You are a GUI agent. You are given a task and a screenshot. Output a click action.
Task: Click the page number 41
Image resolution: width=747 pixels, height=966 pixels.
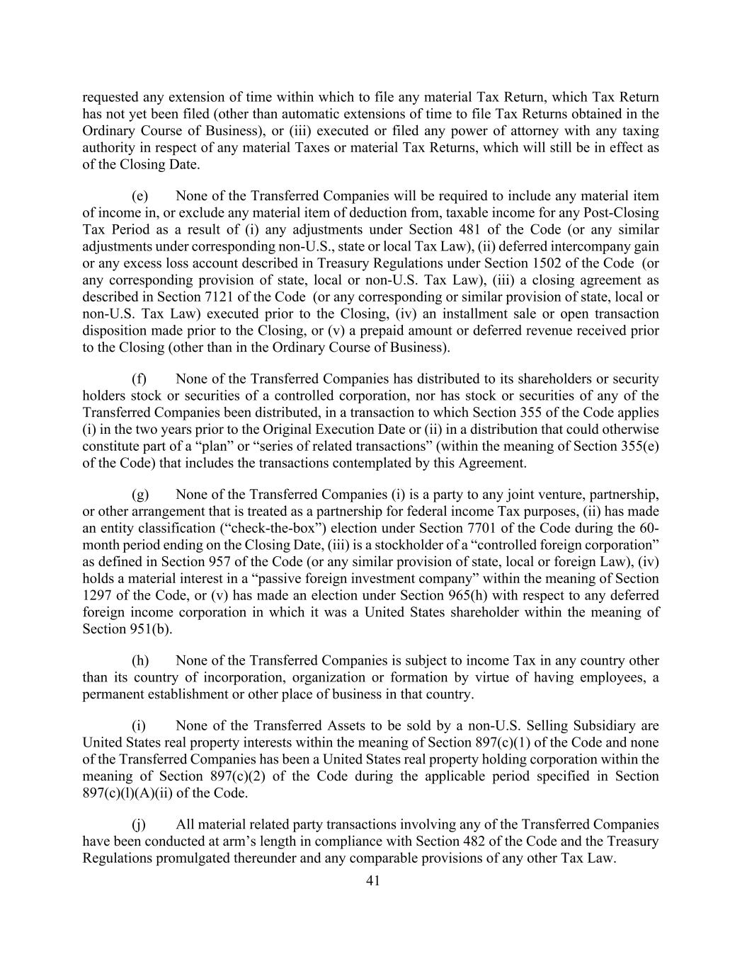373,880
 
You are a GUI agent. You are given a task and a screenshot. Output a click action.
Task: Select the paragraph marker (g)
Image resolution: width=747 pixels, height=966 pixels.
140,494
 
